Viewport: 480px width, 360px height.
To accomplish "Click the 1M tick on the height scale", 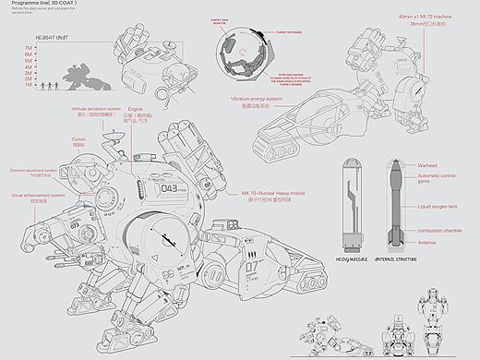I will (29, 86).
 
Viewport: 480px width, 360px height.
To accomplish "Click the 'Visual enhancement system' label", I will (38, 196).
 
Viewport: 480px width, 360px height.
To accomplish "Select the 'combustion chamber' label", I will (439, 229).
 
